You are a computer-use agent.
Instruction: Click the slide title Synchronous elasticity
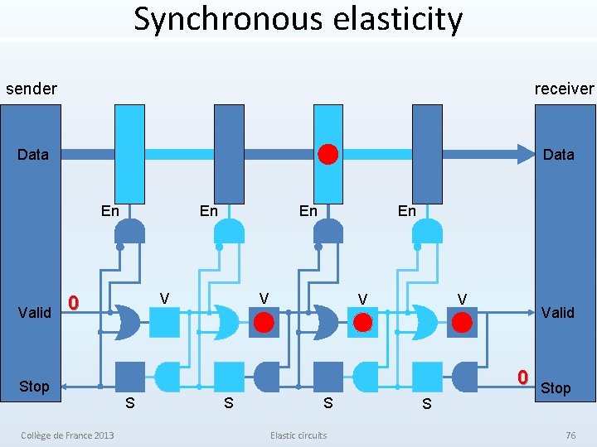[x=298, y=19]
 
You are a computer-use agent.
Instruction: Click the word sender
[x=32, y=89]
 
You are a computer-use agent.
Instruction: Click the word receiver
[x=564, y=89]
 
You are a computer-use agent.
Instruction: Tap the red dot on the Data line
[x=328, y=154]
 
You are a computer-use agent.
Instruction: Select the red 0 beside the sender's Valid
[x=73, y=304]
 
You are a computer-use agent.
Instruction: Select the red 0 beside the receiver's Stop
[x=522, y=377]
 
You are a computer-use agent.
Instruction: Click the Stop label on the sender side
[x=34, y=387]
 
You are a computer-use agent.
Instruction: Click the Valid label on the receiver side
[x=557, y=312]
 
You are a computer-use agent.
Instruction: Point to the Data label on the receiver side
[x=558, y=155]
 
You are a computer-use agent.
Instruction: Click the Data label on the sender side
[x=33, y=155]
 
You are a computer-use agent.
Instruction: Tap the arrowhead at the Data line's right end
[x=526, y=154]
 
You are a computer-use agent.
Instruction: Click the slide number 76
[x=570, y=435]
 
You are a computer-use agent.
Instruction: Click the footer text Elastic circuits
[x=298, y=435]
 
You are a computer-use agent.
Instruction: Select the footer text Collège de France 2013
[x=68, y=435]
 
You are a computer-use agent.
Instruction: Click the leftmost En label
[x=109, y=211]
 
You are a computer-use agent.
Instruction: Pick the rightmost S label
[x=426, y=405]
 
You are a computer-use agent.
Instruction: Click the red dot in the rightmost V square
[x=462, y=321]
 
